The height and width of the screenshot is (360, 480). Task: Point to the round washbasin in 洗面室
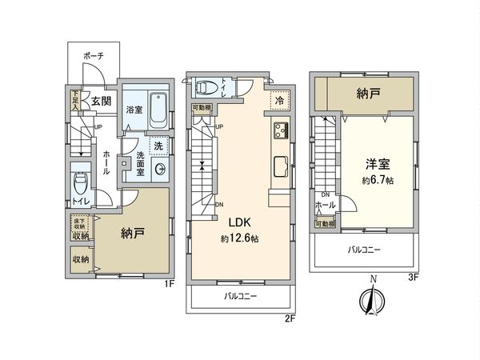tap(159, 169)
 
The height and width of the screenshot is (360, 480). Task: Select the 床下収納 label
tap(79, 223)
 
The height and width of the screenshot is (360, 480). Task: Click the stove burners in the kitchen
tap(282, 130)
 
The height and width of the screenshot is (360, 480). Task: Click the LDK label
tap(242, 224)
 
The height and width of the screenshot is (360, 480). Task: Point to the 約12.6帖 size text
tap(242, 238)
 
